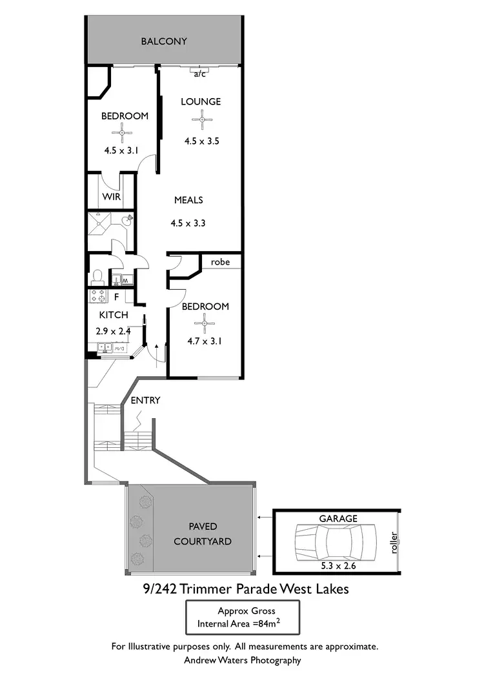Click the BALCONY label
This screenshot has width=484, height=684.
164,41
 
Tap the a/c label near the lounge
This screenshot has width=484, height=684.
200,74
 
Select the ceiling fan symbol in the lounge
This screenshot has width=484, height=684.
202,119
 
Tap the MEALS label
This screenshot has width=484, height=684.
188,200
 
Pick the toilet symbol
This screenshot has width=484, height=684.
98,276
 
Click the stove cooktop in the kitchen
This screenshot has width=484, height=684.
98,297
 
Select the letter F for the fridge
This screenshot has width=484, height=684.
117,297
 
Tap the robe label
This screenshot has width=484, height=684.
221,262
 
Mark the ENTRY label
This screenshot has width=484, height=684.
145,400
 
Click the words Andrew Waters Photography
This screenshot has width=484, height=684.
242,660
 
